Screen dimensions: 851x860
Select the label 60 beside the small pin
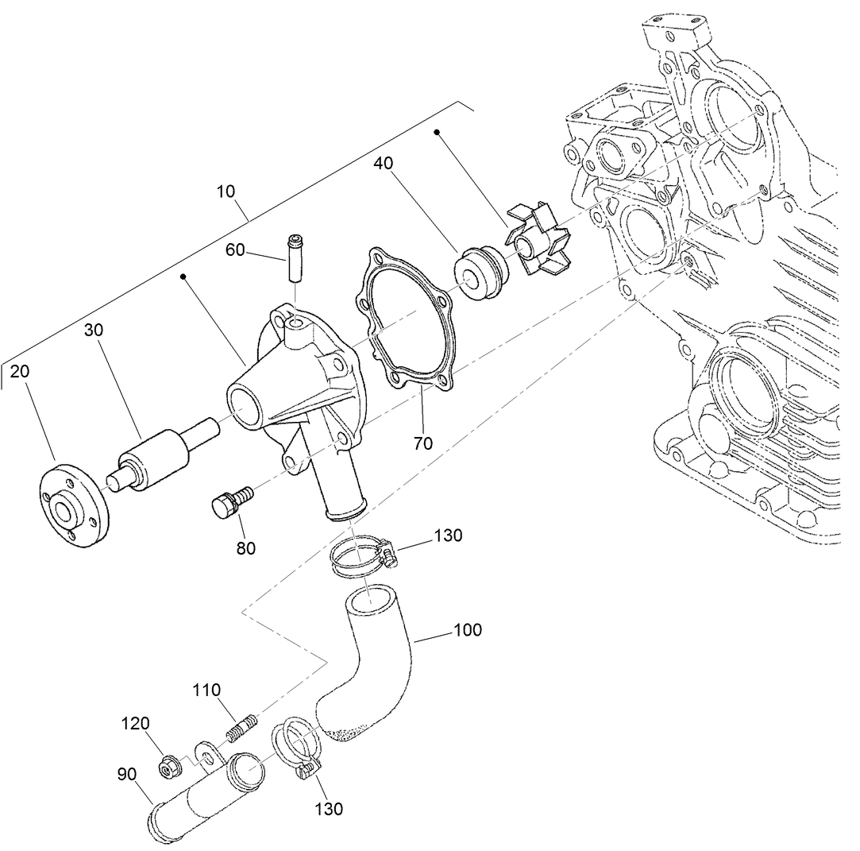point(235,250)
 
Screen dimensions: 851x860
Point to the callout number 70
point(423,443)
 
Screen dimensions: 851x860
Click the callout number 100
point(468,630)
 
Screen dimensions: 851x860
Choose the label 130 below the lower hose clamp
point(329,809)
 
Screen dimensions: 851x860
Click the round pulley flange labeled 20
point(74,509)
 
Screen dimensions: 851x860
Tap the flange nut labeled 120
point(168,766)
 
